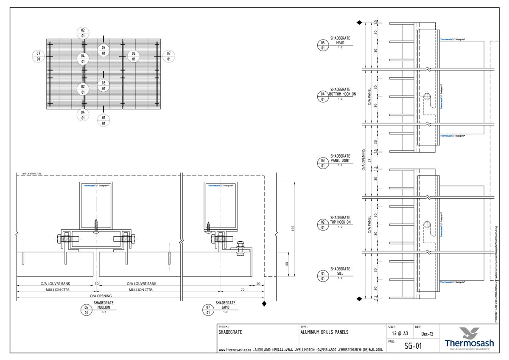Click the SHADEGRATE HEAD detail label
[340, 40]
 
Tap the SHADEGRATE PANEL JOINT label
[340, 159]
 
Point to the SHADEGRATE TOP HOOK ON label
[340, 219]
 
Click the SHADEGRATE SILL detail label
[340, 271]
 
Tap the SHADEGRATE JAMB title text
[225, 305]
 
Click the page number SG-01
[413, 346]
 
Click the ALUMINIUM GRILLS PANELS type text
[324, 332]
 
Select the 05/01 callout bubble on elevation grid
[103, 51]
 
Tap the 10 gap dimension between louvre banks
[96, 284]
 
